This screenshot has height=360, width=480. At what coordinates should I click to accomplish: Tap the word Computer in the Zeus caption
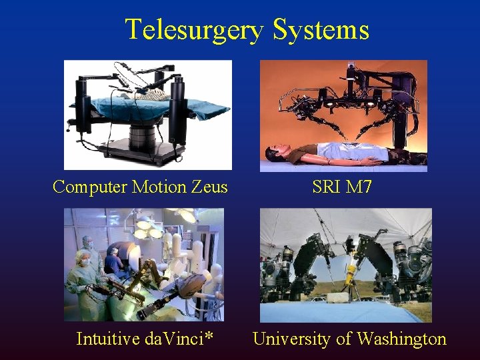pyautogui.click(x=90, y=187)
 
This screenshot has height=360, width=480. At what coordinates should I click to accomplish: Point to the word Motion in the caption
pyautogui.click(x=159, y=187)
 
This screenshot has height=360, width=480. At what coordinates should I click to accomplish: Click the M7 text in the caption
pyautogui.click(x=359, y=187)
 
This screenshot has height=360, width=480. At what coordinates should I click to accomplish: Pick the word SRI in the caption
pyautogui.click(x=326, y=187)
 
